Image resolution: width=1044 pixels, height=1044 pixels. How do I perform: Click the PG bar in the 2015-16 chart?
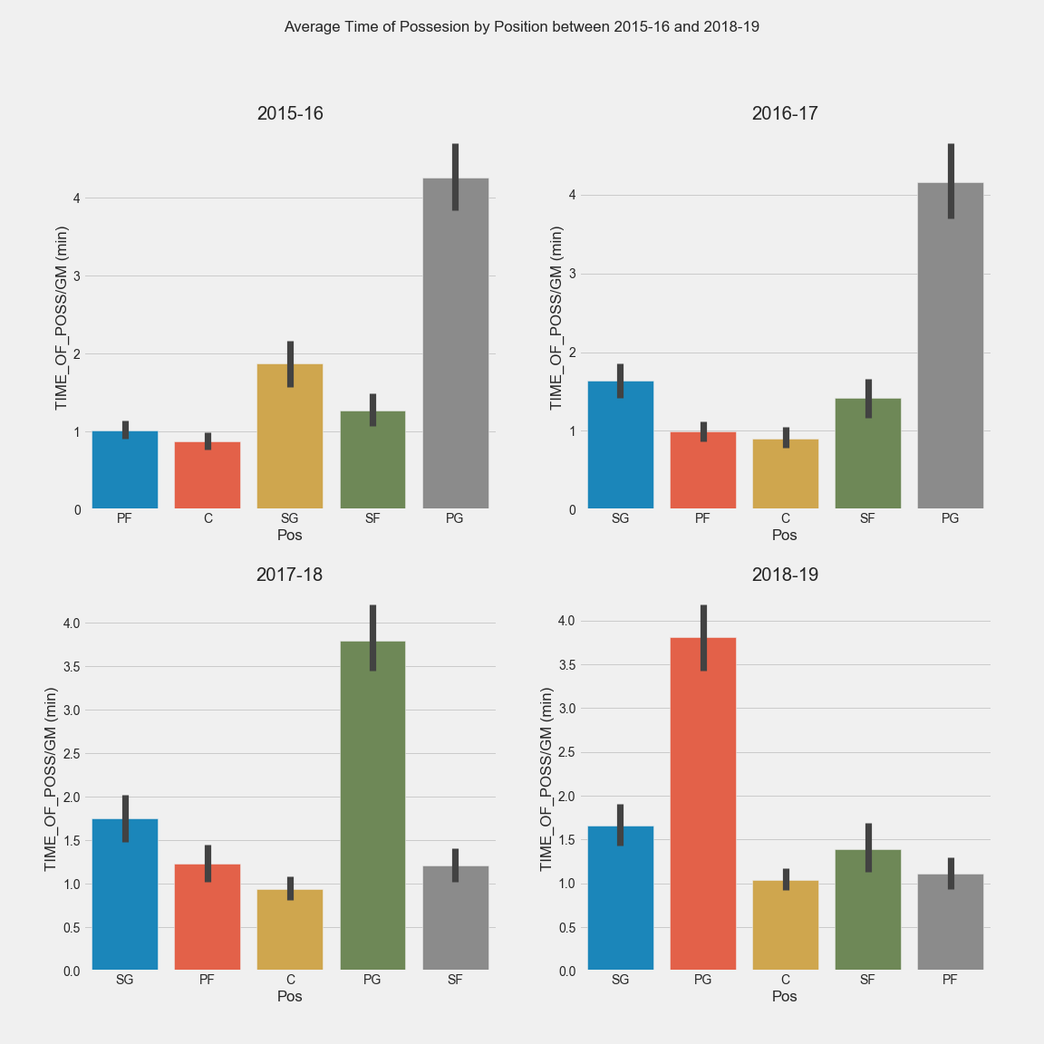pos(455,344)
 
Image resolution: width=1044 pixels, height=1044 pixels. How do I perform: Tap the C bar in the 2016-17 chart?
pos(785,474)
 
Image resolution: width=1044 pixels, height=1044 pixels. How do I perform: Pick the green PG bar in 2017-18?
pos(372,807)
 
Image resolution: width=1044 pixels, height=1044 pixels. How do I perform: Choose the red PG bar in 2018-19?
pos(702,804)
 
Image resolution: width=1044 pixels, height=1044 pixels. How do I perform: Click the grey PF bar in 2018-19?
pos(950,923)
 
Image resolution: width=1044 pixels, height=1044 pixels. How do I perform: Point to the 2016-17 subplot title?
pos(785,113)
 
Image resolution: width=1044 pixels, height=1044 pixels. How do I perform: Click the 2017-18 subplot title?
pos(289,575)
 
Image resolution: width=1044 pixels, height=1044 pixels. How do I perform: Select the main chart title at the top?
pos(522,27)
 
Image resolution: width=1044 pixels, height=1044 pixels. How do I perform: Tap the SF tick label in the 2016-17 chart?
pos(867,518)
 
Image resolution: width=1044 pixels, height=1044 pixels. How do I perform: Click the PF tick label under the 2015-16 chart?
pos(125,518)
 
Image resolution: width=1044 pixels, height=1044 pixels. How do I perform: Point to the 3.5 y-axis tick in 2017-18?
pos(72,667)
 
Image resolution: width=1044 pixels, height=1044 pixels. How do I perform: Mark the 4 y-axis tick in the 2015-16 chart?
pos(77,198)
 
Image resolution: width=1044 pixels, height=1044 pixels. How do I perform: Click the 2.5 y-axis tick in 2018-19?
pos(567,752)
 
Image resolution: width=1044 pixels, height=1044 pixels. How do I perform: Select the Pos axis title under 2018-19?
pos(785,996)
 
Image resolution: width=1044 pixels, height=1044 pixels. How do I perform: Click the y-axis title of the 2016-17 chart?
pos(556,317)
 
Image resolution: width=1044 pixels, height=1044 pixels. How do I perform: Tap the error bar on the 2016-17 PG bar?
pos(951,181)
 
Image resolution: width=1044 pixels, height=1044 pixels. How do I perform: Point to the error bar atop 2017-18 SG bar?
pos(125,818)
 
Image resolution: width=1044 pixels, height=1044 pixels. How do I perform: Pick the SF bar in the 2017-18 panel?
pos(455,918)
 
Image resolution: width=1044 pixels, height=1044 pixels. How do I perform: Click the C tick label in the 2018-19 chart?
pos(785,980)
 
